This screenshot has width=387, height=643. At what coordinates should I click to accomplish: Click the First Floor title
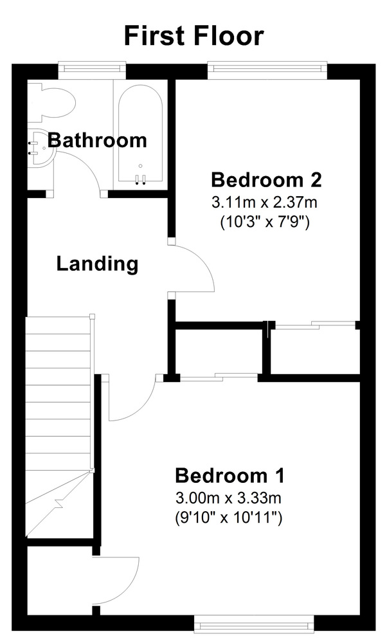[194, 35]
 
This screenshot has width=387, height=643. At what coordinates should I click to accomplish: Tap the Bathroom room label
[97, 140]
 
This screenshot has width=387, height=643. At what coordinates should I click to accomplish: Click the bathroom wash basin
[41, 148]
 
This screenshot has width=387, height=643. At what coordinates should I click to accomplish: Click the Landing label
[97, 264]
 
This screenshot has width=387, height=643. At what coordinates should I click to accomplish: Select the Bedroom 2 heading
[266, 180]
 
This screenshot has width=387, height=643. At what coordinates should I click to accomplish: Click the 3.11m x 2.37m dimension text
[264, 202]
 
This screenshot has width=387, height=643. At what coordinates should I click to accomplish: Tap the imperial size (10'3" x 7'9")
[264, 222]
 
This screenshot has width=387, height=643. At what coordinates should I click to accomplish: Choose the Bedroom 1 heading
[230, 476]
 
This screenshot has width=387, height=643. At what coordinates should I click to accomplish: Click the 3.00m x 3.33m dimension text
[228, 498]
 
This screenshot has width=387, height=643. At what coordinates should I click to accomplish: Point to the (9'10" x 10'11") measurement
[228, 518]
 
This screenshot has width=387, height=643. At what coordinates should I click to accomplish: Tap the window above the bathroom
[92, 70]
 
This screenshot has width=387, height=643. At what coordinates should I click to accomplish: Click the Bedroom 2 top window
[267, 70]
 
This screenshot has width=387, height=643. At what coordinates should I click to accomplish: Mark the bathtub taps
[140, 179]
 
